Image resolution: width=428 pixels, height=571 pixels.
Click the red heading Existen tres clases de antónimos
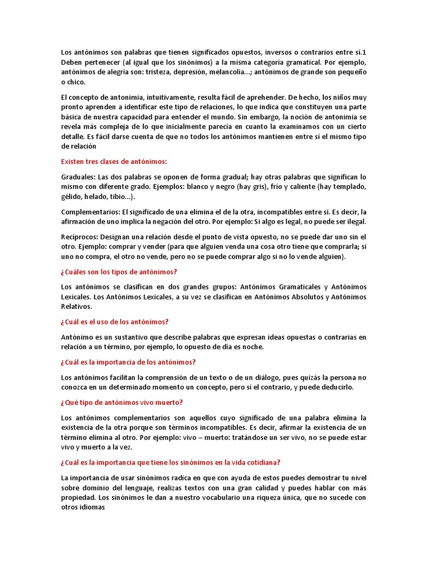point(114,162)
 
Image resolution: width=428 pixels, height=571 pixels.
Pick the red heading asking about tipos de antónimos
point(119,272)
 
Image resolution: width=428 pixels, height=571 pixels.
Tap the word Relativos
point(76,307)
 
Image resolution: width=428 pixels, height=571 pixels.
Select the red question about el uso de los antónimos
point(114,322)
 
